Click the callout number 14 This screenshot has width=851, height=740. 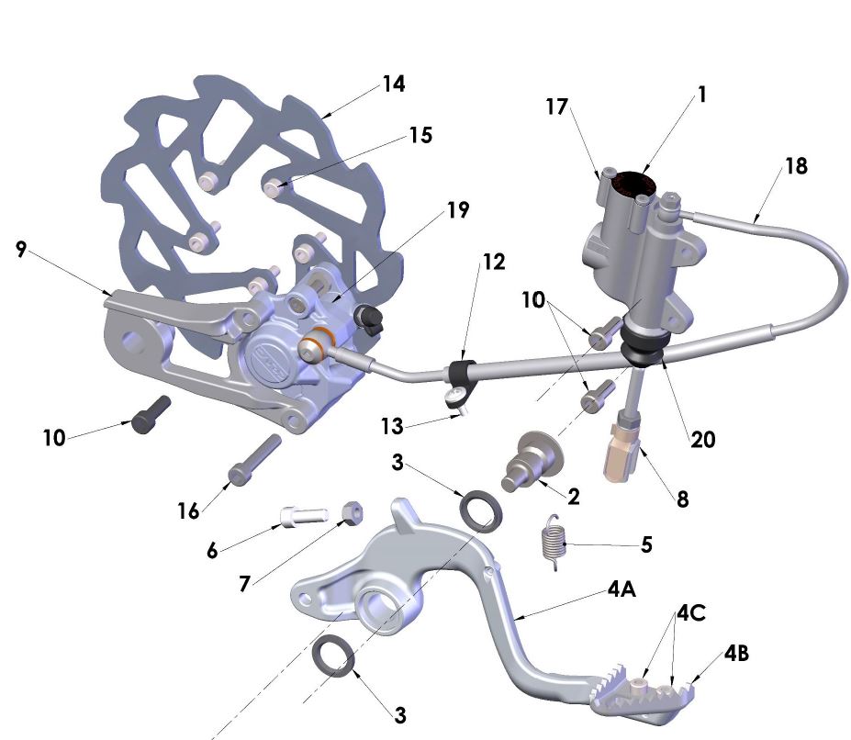[394, 84]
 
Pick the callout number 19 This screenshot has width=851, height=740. [459, 210]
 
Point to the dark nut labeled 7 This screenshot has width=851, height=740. [350, 512]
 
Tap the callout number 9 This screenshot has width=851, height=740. [21, 250]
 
